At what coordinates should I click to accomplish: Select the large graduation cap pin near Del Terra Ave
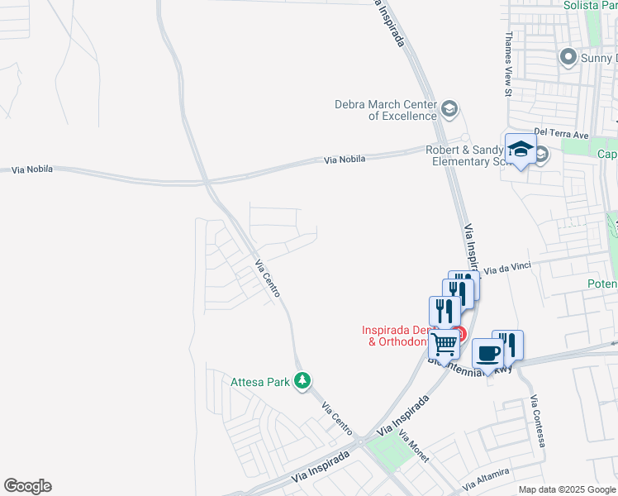point(521,149)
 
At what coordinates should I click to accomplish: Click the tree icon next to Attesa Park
point(304,381)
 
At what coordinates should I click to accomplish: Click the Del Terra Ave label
point(561,134)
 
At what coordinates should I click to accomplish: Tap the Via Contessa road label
point(539,421)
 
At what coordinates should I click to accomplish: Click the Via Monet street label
point(414,446)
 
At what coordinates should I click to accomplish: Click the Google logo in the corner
point(27,486)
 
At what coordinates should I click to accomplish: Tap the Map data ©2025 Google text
point(567,489)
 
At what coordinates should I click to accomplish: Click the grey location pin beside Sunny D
point(568,57)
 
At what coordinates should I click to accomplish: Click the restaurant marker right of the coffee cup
point(508,345)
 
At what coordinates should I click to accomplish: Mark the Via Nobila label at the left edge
point(32,169)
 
